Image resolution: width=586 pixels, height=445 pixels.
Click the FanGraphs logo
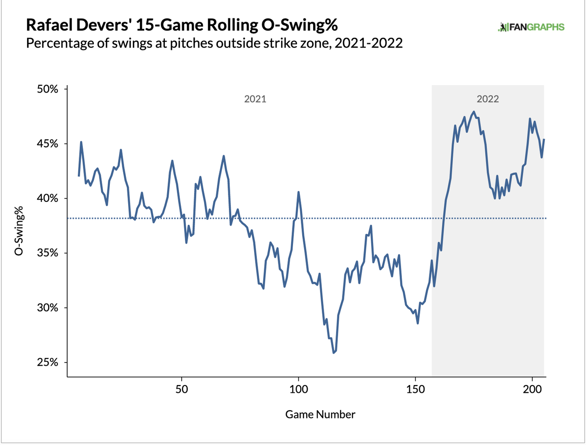(x=531, y=27)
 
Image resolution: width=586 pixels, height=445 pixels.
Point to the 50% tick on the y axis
(x=48, y=89)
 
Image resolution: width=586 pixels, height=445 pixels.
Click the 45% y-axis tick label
(x=48, y=144)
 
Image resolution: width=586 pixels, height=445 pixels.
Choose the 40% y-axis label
(x=48, y=198)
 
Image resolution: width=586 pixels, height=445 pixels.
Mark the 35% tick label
(x=48, y=253)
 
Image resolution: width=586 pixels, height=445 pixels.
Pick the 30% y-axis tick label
(x=48, y=308)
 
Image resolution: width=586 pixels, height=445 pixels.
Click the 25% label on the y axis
(x=48, y=362)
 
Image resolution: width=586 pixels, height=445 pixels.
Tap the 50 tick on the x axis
(x=182, y=389)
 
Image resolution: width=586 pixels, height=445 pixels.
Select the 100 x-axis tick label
(x=298, y=389)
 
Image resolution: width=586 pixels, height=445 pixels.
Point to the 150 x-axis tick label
(x=415, y=389)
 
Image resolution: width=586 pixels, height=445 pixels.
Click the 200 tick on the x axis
(x=532, y=389)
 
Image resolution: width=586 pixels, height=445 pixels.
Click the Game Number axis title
(x=320, y=414)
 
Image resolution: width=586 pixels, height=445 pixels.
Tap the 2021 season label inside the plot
(x=255, y=99)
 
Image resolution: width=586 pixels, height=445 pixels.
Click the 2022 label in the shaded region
(x=488, y=99)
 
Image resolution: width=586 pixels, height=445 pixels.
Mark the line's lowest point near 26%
(x=334, y=353)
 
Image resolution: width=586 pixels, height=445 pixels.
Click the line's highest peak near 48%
(x=473, y=111)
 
